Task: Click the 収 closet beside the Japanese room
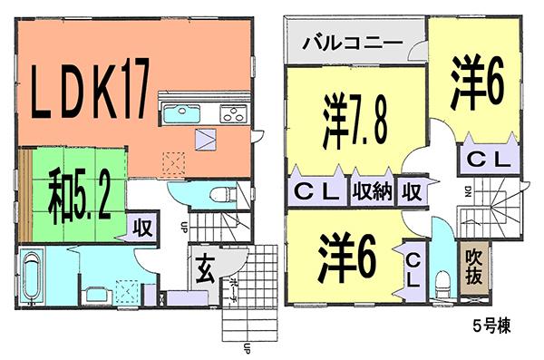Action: coord(143,226)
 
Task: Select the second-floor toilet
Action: coord(442,284)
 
